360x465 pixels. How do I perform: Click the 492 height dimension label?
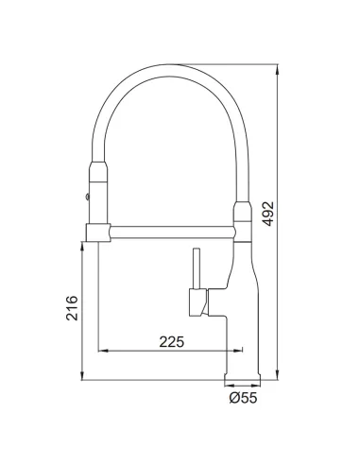point(268,214)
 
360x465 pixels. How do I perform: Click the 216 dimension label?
point(72,308)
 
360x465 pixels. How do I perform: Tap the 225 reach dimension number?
point(171,342)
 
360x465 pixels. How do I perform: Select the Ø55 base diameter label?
point(243,398)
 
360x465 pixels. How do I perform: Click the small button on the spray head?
point(87,197)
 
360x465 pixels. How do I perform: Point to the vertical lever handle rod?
point(197,268)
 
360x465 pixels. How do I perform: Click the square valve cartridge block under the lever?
point(198,302)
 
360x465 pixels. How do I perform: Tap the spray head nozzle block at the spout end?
point(98,232)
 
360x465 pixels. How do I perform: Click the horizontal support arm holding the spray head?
point(172,232)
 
